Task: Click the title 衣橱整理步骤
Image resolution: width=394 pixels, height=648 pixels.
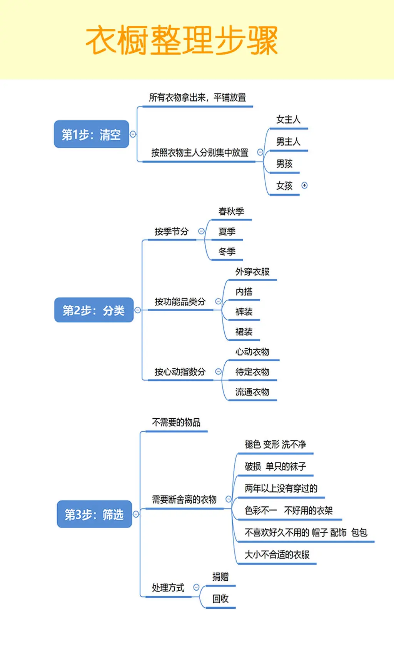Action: pos(182,40)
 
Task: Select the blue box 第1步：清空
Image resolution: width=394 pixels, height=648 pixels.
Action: pos(91,134)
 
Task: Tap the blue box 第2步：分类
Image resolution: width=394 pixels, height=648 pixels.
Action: pos(93,310)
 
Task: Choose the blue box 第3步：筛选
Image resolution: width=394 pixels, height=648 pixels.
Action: pos(94,514)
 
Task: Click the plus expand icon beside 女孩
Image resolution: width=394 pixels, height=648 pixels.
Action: pos(304,185)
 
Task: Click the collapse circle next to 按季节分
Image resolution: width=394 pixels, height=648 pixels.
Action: pos(201,231)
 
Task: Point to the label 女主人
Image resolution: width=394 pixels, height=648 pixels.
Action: pos(288,120)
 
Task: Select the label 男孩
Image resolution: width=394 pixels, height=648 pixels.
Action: pos(284,164)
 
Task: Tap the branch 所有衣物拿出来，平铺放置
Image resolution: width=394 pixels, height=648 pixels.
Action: pos(197,98)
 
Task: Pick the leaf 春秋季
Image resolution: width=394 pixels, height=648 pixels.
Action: pos(231,211)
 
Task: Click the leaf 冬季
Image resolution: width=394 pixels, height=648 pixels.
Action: pos(227,252)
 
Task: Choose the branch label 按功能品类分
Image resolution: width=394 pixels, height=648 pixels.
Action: pos(180,302)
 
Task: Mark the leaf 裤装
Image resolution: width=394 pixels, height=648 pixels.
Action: pos(244,312)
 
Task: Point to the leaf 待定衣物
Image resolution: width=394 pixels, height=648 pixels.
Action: pos(252,372)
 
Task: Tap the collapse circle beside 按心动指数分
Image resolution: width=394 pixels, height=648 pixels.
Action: pos(218,372)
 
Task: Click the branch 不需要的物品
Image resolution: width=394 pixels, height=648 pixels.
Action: pos(176,423)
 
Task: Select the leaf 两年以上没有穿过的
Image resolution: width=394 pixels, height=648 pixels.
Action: pos(281,489)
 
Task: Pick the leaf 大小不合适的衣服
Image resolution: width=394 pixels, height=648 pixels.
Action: pos(277,554)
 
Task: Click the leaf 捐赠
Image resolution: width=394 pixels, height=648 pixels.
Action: pos(220,576)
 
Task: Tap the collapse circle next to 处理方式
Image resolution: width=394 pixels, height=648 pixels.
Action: pos(196,588)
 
